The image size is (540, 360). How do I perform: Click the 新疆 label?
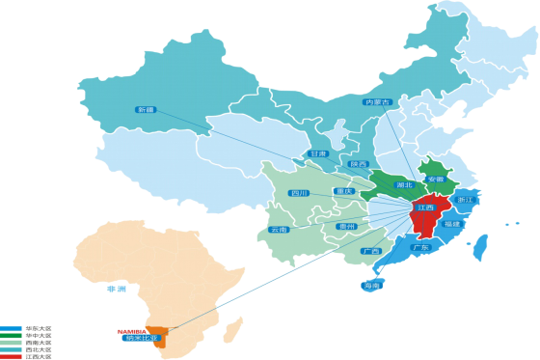coord(147,110)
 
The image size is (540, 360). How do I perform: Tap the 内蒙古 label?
coord(377,101)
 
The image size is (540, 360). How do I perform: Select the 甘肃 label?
coord(318,153)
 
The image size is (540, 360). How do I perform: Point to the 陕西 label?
coord(360,164)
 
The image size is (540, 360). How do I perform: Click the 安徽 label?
coord(435,179)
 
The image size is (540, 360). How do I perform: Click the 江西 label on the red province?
coord(424,208)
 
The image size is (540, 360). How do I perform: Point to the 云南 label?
coord(279,230)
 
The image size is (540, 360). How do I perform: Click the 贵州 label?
coord(347,226)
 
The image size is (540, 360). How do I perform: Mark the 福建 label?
coord(451,224)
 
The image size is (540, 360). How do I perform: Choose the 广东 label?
coord(419,247)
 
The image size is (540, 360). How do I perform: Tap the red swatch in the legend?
coord(11,357)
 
